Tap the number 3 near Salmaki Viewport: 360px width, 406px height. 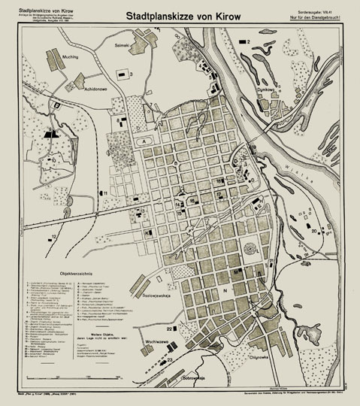[130, 74]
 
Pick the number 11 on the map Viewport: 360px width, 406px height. [106, 193]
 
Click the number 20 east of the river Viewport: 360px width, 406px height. [314, 231]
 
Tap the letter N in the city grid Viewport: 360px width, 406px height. [222, 288]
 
